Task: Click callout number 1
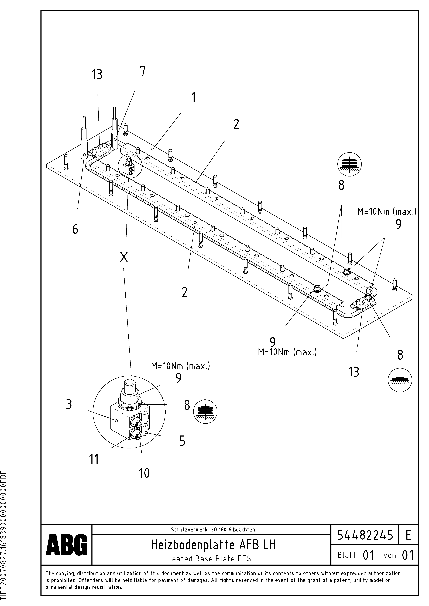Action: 194,97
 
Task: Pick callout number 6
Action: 75,229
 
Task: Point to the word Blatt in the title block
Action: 346,555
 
